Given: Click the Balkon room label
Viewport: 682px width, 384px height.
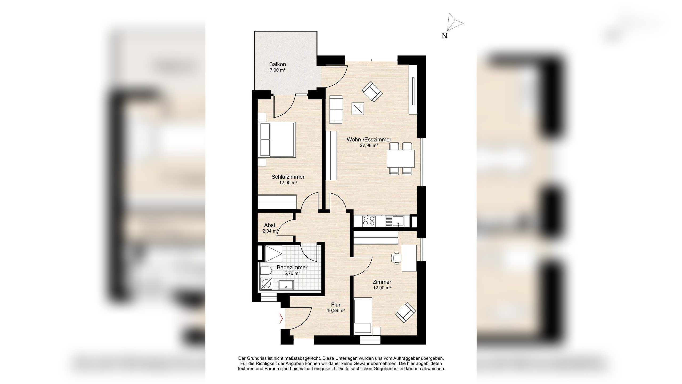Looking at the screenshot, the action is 277,64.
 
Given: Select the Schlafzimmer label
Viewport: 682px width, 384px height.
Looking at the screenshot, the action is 288,177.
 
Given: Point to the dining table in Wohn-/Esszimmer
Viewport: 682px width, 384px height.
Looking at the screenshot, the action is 401,158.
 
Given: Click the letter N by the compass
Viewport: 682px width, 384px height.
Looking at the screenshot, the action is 444,36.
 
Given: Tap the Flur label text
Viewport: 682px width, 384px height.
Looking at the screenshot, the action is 336,305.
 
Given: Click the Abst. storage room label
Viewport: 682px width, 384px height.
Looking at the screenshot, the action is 270,225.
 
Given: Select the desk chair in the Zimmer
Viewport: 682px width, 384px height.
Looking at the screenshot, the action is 396,258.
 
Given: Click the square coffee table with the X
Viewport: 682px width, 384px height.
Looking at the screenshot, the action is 358,109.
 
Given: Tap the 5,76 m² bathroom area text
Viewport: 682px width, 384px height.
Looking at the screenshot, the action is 292,273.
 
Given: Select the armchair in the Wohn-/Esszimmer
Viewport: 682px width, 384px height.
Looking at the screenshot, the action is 372,91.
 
